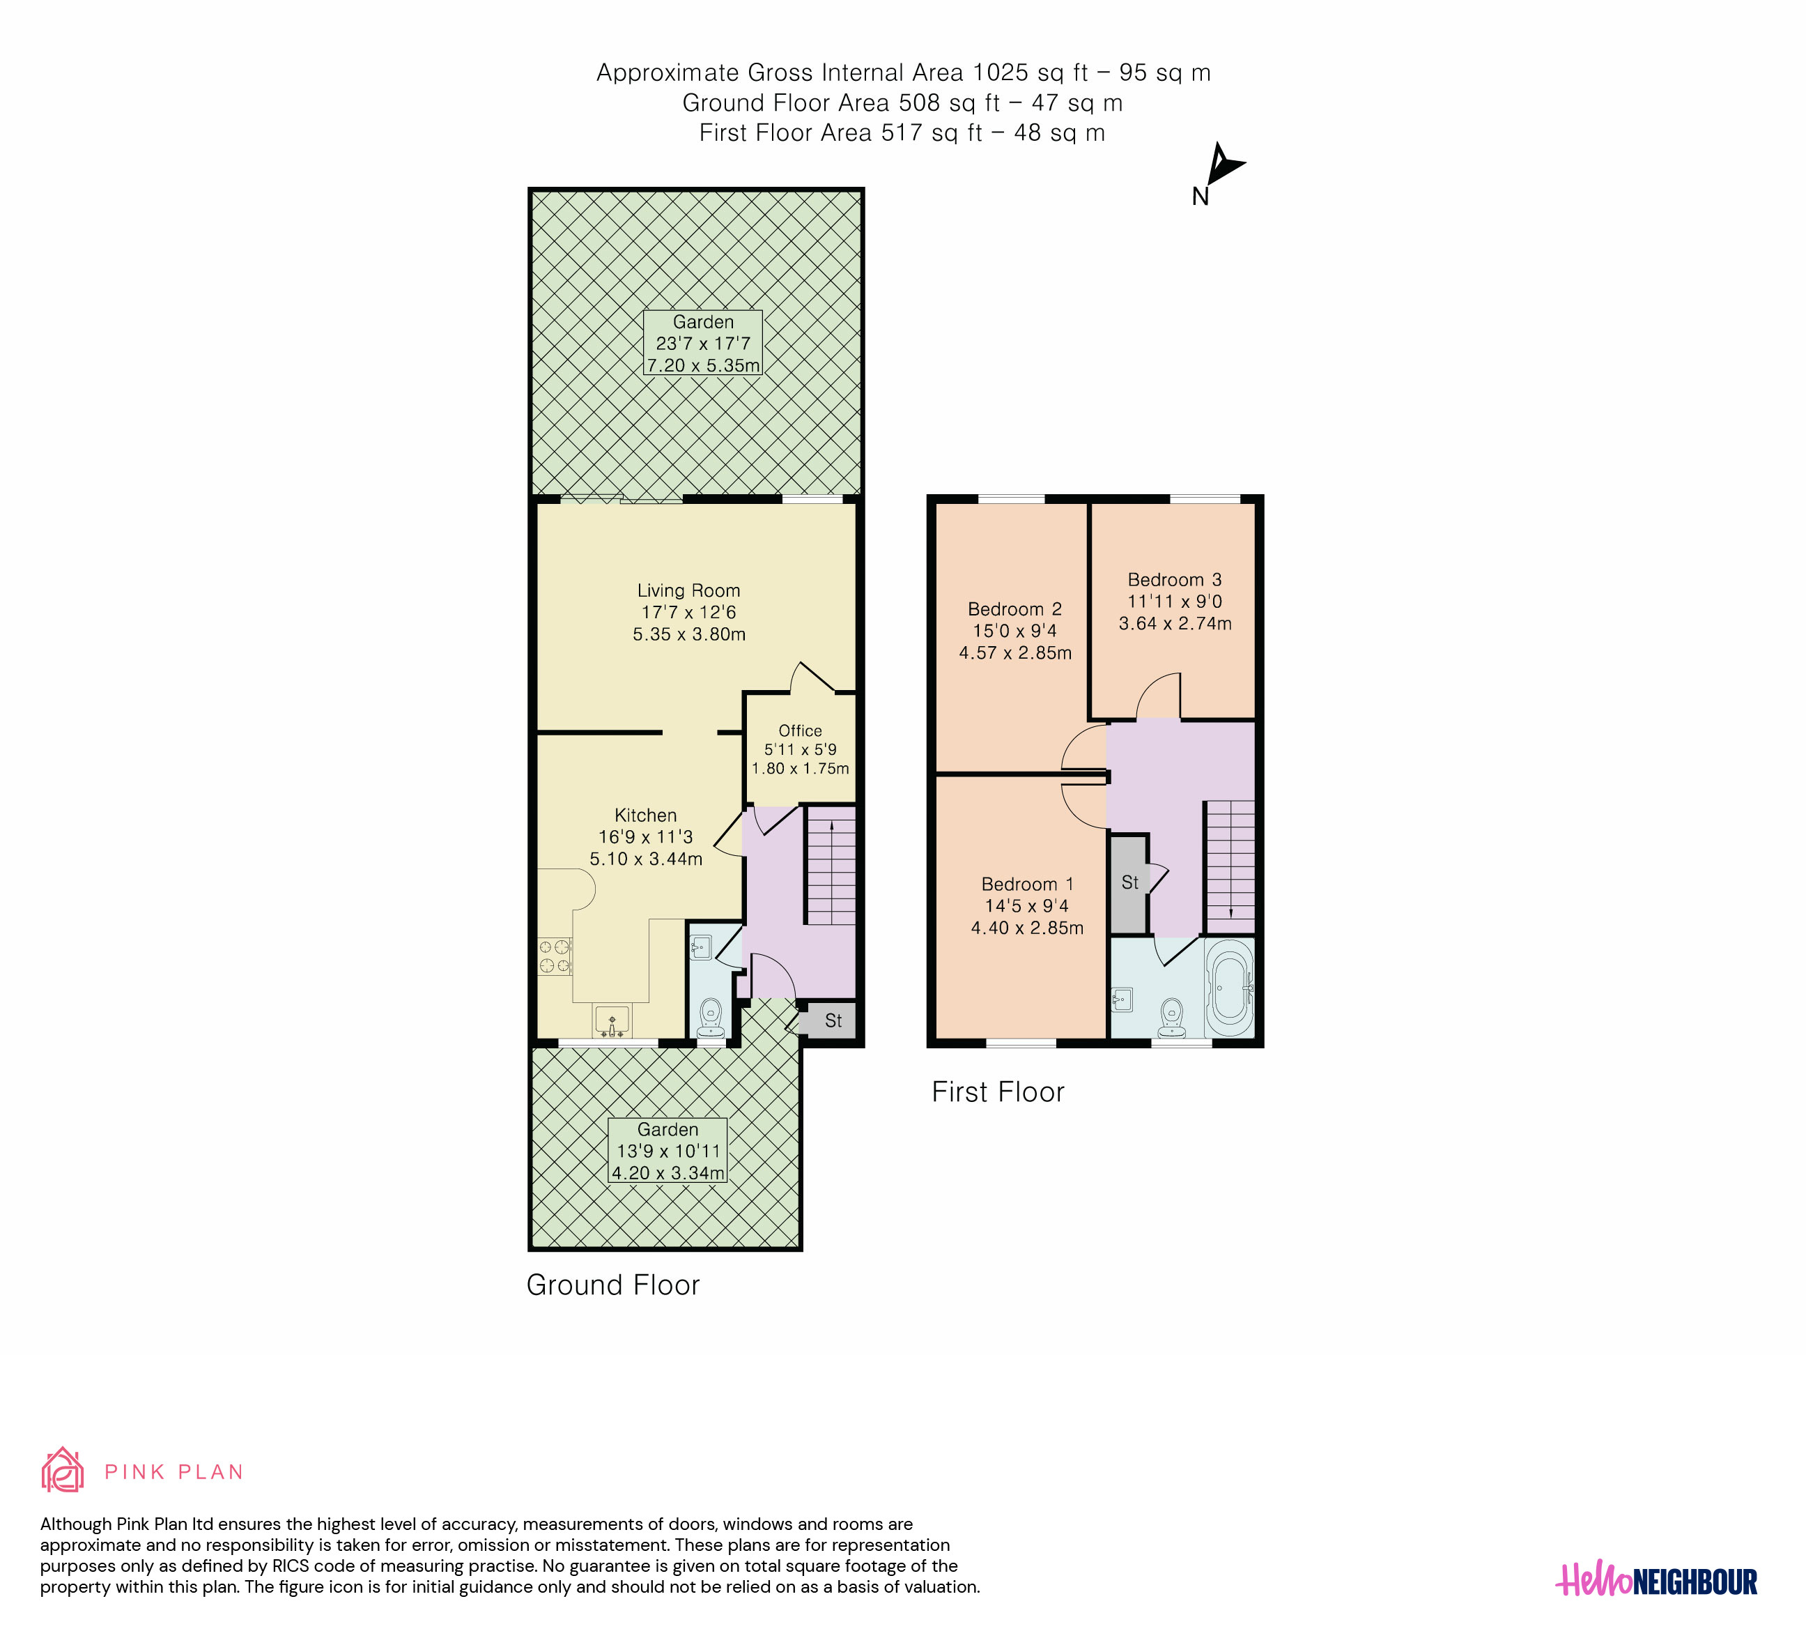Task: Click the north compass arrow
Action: [1222, 165]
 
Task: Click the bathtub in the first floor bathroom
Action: [1229, 986]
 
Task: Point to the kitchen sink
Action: [612, 1020]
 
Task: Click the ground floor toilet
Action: [711, 1017]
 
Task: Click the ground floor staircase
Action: [831, 866]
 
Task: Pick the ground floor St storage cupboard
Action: [831, 1020]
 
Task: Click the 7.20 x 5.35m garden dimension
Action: [703, 366]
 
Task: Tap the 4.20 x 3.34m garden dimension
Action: [667, 1173]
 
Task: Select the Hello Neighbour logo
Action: [1655, 1581]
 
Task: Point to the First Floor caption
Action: [998, 1092]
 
